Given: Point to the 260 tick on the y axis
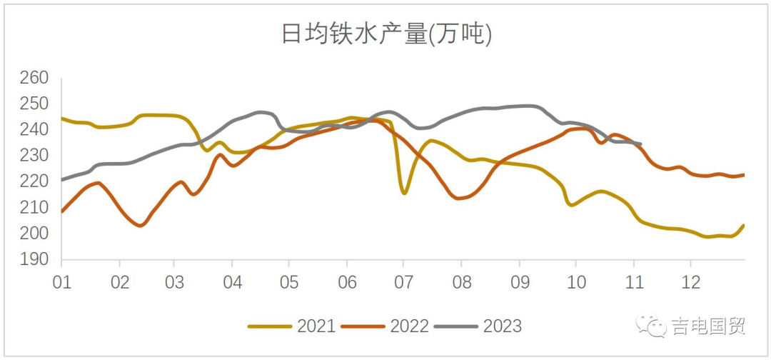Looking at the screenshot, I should click(34, 78).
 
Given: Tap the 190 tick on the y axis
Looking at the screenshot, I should click(34, 260).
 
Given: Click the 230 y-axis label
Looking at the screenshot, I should click(34, 156).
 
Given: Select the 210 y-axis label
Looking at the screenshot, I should click(34, 208).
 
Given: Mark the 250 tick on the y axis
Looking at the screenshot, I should click(34, 104).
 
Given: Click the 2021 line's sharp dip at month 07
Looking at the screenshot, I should click(404, 193).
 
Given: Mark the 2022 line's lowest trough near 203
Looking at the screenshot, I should click(141, 225).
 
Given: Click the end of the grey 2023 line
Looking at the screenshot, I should click(640, 144).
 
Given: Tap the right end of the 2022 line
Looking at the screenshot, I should click(744, 175).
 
